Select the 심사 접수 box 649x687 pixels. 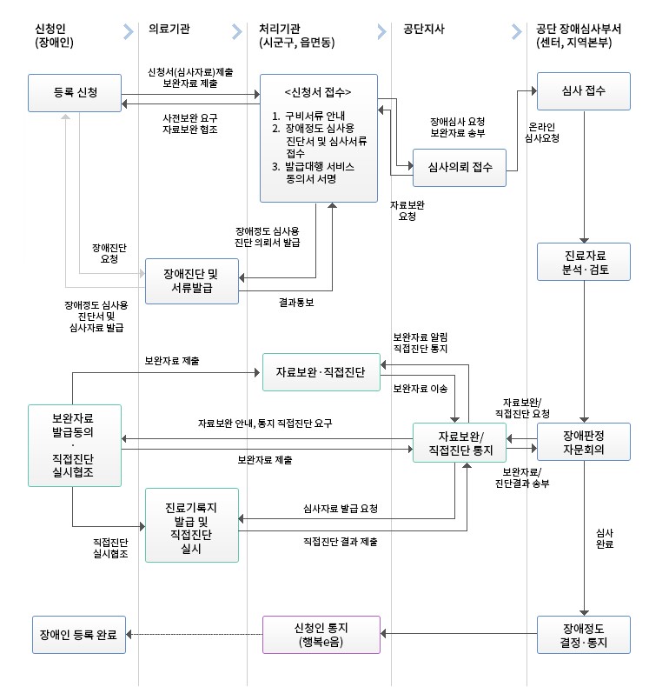pyautogui.click(x=584, y=91)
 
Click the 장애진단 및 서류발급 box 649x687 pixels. pyautogui.click(x=191, y=281)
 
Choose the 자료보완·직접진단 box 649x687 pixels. pyautogui.click(x=321, y=372)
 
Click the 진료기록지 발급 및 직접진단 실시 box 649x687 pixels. pyautogui.click(x=191, y=524)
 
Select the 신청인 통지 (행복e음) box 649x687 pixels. pyautogui.click(x=321, y=634)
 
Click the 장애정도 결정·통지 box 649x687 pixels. pyautogui.click(x=584, y=634)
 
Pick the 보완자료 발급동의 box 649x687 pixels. pyautogui.click(x=74, y=444)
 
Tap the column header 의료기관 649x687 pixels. pyautogui.click(x=169, y=29)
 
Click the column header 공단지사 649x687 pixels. pyautogui.click(x=425, y=29)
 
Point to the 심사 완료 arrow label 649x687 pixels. pyautogui.click(x=606, y=537)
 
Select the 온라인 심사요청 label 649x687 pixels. pyautogui.click(x=543, y=132)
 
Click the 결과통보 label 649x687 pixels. pyautogui.click(x=296, y=303)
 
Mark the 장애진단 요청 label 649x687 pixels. pyautogui.click(x=109, y=253)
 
